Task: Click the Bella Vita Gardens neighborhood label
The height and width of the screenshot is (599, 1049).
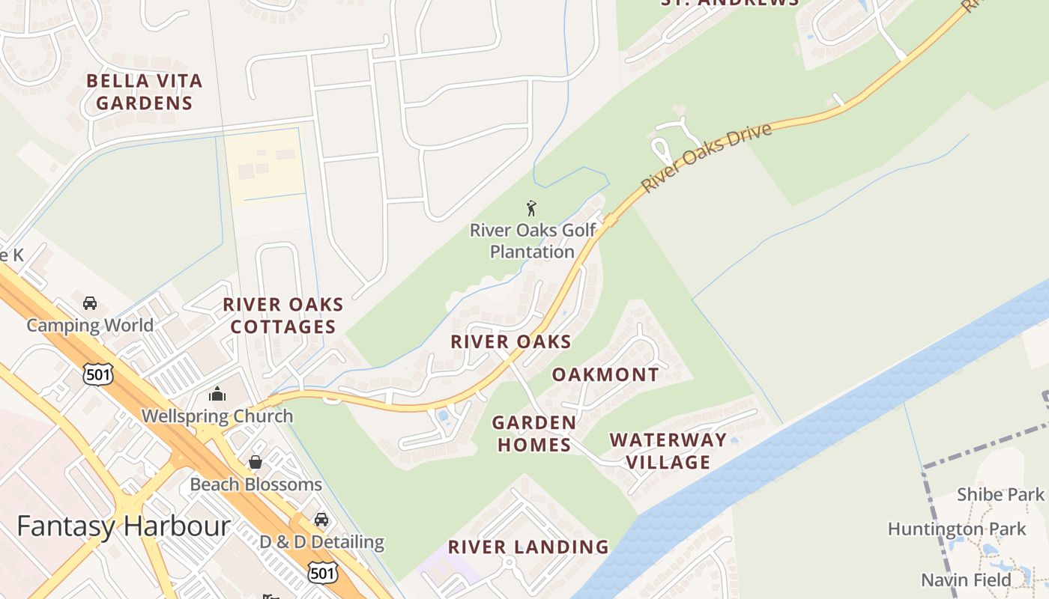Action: click(144, 91)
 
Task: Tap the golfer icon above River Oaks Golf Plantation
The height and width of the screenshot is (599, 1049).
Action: click(531, 208)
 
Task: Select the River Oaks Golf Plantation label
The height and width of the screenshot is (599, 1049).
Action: click(532, 240)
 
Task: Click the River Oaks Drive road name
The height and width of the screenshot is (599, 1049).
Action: click(707, 157)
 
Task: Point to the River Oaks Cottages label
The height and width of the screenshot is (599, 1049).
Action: click(283, 315)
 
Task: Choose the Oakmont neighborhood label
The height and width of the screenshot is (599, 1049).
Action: click(605, 374)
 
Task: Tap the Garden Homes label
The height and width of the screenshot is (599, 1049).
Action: click(533, 434)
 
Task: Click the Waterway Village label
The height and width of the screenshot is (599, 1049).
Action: click(668, 451)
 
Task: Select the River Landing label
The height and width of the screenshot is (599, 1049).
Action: click(528, 547)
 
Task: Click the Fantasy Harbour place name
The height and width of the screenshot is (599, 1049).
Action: click(123, 526)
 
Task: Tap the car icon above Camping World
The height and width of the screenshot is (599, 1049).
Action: click(90, 303)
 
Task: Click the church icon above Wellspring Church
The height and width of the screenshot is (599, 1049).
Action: click(217, 394)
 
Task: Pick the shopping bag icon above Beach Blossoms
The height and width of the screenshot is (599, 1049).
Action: click(256, 462)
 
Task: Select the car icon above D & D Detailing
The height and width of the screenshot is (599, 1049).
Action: click(321, 519)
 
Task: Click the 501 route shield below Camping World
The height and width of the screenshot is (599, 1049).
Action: click(98, 374)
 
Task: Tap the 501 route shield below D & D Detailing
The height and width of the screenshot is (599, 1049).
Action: click(322, 573)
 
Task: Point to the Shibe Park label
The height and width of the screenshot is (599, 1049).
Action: click(1000, 494)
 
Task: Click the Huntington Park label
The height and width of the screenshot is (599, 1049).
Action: click(956, 529)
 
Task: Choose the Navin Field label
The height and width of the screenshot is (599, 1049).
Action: click(966, 580)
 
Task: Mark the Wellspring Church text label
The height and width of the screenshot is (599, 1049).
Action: click(217, 416)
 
